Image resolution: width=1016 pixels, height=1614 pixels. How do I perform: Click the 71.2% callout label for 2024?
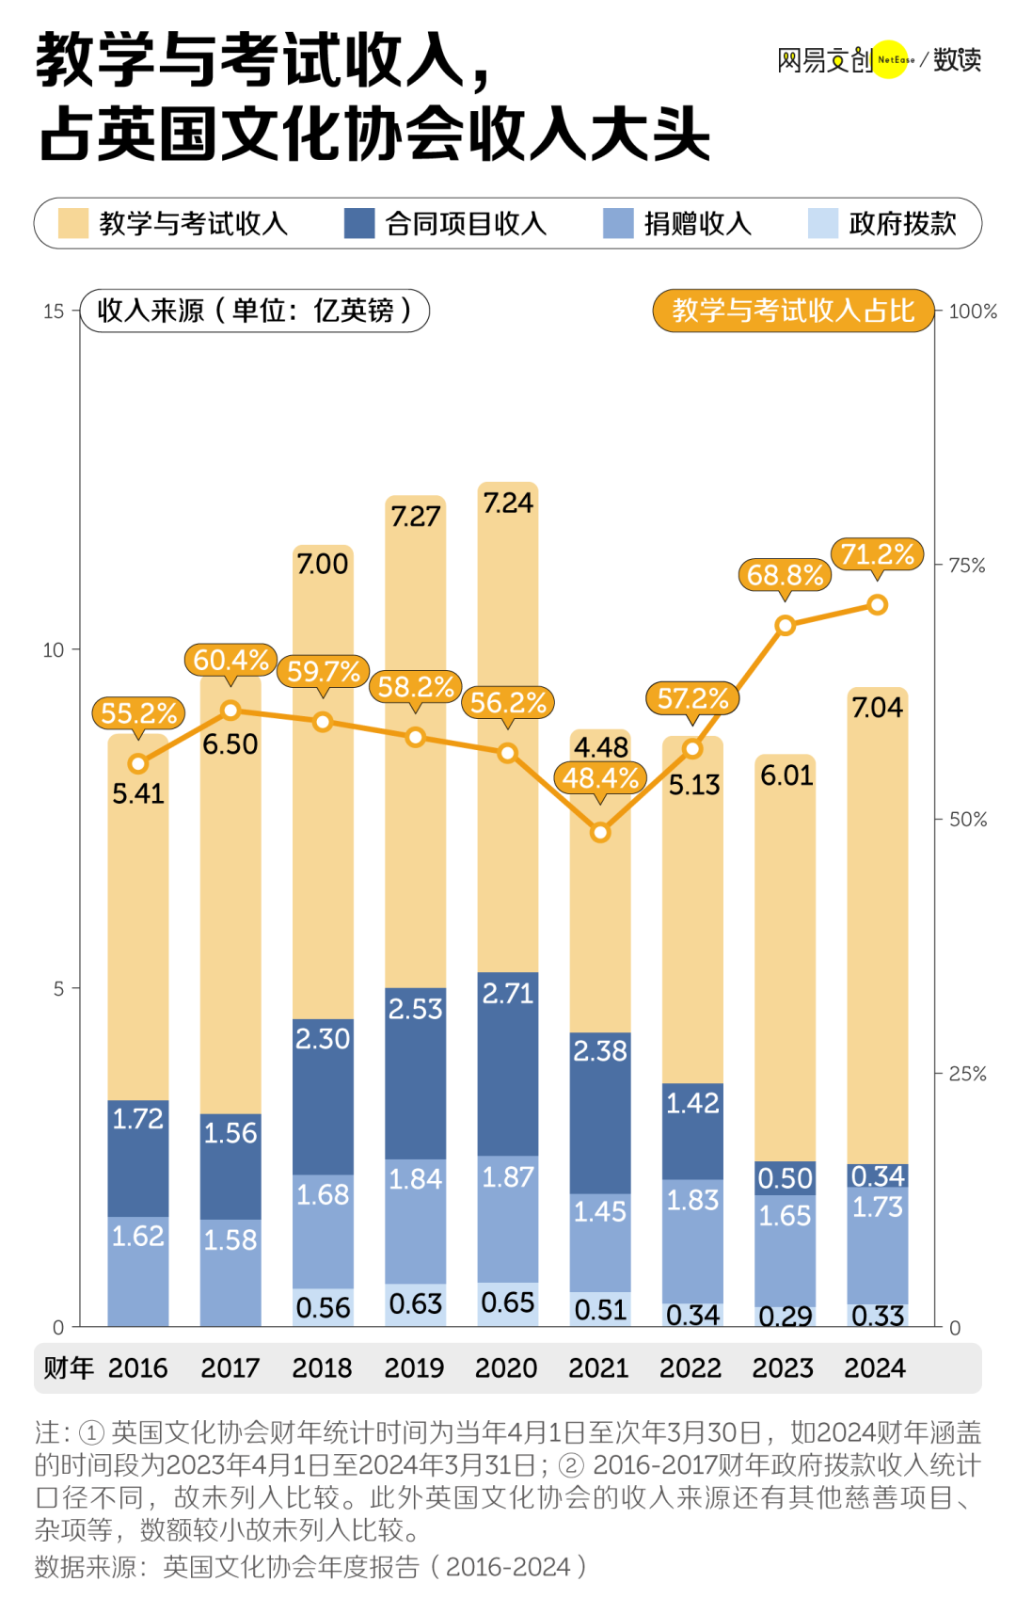tap(877, 554)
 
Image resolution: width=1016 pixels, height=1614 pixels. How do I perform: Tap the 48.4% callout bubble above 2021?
tap(600, 778)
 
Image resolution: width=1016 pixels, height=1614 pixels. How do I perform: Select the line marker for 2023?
tap(786, 625)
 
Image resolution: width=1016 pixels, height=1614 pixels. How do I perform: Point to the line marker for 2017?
tap(230, 711)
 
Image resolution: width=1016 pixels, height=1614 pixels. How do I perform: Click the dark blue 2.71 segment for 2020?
tap(508, 1063)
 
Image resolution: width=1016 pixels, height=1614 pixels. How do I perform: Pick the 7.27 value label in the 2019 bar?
tap(415, 517)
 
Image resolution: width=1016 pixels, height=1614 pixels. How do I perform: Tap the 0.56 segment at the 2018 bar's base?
tap(323, 1307)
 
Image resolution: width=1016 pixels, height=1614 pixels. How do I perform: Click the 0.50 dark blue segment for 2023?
tap(785, 1178)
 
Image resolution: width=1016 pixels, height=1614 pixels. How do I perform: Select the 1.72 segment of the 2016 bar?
tap(138, 1158)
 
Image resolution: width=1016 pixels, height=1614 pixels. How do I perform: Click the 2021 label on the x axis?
tap(598, 1367)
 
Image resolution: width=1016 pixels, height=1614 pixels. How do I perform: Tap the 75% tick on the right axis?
tap(967, 566)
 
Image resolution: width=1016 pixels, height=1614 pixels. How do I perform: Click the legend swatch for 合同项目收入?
tap(359, 224)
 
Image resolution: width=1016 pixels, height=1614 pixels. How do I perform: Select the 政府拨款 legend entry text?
tap(902, 224)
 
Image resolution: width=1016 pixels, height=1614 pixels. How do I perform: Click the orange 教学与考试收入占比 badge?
tap(793, 311)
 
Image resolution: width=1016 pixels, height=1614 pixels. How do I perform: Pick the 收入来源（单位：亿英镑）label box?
tap(255, 311)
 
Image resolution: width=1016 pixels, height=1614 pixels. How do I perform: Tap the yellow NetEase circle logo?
tap(892, 60)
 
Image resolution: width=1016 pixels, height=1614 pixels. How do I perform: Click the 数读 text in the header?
tap(957, 60)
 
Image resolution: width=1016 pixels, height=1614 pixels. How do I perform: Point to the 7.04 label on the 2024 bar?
tap(877, 708)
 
